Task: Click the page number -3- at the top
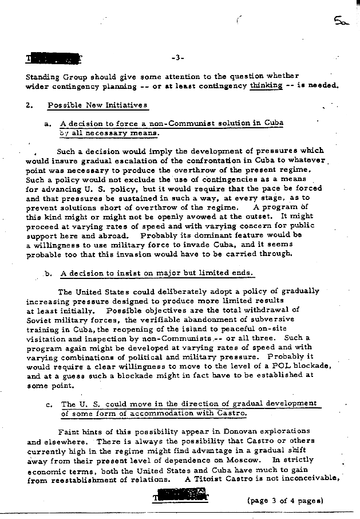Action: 176,58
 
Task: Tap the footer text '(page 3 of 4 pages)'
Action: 285,500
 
